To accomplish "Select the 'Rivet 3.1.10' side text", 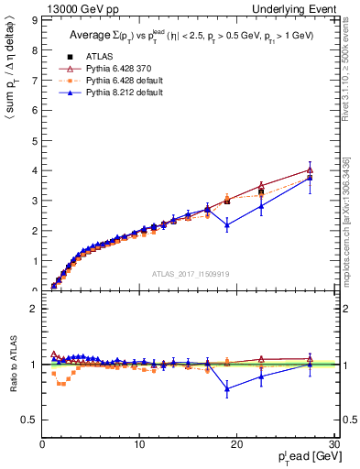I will (x=350, y=72).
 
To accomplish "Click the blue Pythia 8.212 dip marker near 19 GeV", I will (x=227, y=224).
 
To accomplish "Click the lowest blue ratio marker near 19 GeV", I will (x=227, y=388).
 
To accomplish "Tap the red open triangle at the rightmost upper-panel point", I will (x=310, y=169).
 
